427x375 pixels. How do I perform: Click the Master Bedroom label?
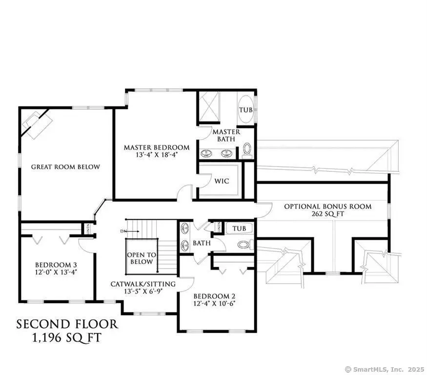point(156,147)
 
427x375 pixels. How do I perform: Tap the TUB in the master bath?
point(245,110)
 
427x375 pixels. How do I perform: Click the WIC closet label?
point(222,181)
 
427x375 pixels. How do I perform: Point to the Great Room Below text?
point(65,167)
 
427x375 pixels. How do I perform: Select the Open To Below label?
point(141,258)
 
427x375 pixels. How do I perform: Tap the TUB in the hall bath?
point(239,229)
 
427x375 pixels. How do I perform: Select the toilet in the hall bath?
point(243,244)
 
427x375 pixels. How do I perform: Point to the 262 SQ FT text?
point(327,214)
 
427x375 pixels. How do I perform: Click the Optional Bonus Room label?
point(327,207)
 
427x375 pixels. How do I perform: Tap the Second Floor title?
point(67,324)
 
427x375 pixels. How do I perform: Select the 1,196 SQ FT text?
point(67,337)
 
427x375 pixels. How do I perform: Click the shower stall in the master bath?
point(209,106)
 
